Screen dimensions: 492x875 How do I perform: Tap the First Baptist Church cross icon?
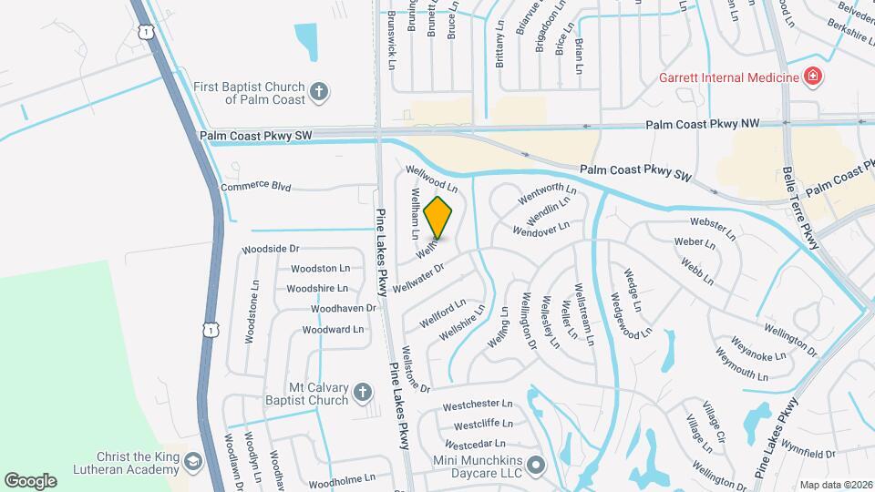(318, 91)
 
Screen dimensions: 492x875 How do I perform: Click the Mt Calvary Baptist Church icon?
(362, 393)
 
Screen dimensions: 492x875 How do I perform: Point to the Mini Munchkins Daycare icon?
(536, 465)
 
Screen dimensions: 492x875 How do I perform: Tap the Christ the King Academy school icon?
(192, 463)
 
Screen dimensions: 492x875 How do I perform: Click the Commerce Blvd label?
(255, 187)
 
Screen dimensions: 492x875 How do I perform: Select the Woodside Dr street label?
(270, 249)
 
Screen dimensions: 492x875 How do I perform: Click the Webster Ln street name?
(712, 228)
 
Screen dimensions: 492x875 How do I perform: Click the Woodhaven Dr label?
(343, 309)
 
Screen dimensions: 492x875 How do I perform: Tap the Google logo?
(30, 480)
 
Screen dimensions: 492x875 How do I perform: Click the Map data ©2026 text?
(835, 485)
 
